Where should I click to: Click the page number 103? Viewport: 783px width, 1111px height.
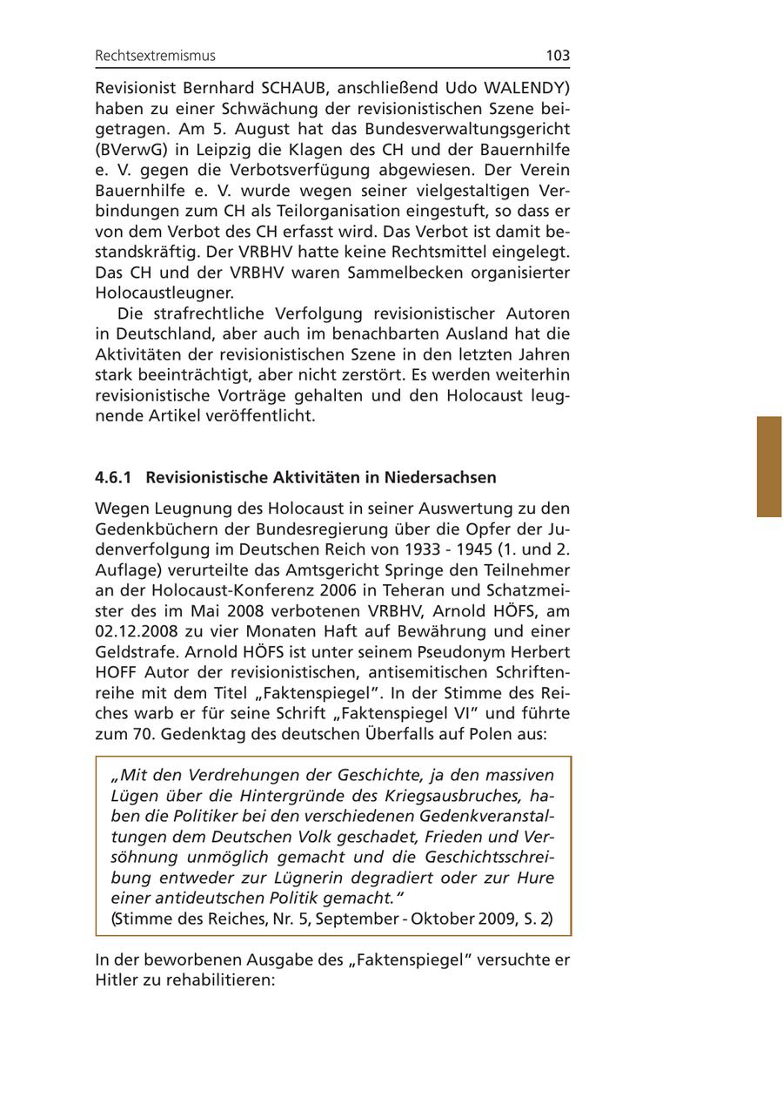(558, 56)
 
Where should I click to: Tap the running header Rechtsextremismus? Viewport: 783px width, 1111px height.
(155, 56)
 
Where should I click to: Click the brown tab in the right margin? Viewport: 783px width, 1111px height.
(769, 467)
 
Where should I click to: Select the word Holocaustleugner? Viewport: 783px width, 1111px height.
(164, 293)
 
